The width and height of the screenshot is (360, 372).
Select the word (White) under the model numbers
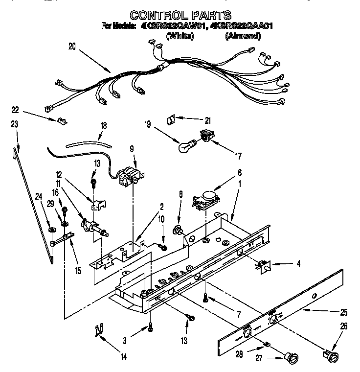click(180, 36)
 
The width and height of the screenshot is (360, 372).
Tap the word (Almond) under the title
click(243, 36)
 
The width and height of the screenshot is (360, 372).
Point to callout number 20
click(72, 47)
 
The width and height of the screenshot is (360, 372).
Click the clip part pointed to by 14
click(99, 331)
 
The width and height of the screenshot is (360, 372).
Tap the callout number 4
click(298, 264)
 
